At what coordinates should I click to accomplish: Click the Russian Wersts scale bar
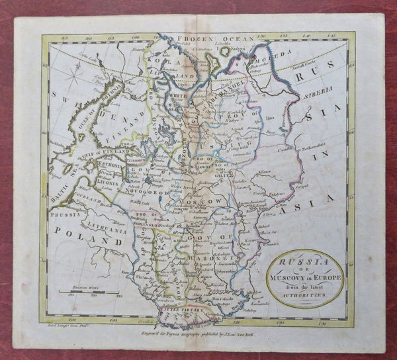89,292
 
